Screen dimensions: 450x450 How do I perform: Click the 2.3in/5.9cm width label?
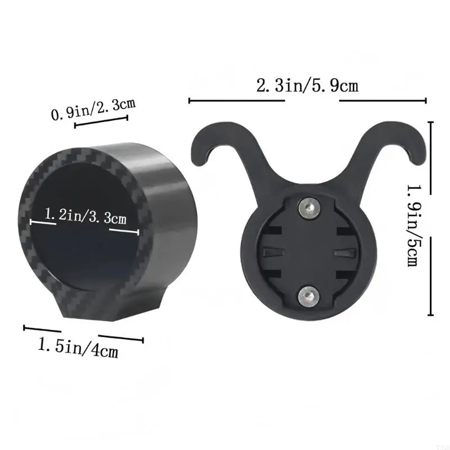click(x=307, y=85)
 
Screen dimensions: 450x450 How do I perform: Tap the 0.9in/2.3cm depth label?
click(x=93, y=109)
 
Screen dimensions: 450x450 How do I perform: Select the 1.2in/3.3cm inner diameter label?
click(x=85, y=216)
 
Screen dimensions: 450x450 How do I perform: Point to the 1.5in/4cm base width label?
click(x=78, y=348)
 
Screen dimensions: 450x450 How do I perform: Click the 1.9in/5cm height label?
click(x=414, y=226)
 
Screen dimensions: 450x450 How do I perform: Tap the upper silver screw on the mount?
click(x=308, y=206)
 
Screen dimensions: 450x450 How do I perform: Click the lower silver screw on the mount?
click(x=308, y=294)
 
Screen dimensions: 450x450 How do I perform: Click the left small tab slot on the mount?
click(x=273, y=251)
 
